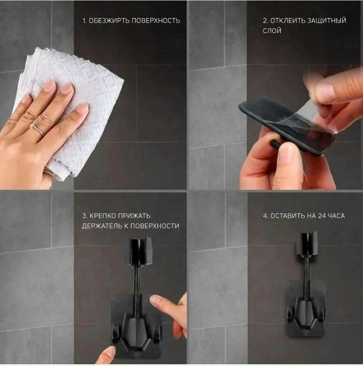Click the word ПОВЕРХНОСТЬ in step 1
[156, 21]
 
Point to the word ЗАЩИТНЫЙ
[327, 20]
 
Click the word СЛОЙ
[272, 31]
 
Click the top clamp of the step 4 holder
[306, 243]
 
